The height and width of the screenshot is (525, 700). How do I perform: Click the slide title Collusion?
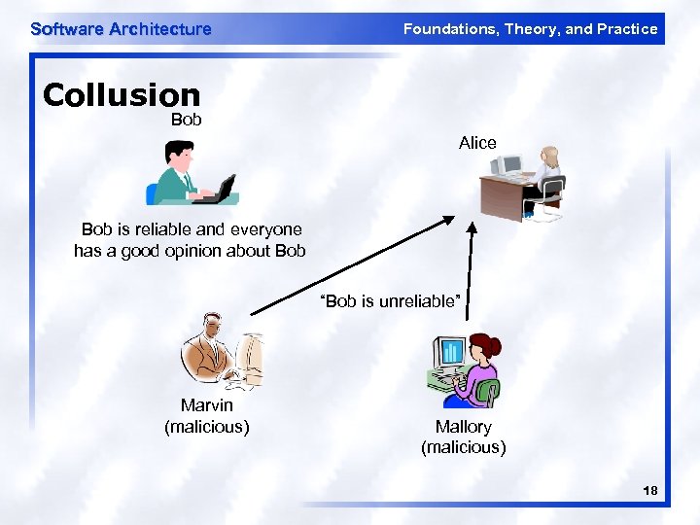click(x=122, y=95)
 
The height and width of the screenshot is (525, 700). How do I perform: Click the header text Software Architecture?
click(x=121, y=29)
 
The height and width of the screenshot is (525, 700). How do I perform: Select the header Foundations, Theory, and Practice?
click(x=530, y=29)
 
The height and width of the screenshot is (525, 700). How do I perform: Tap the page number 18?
click(x=649, y=492)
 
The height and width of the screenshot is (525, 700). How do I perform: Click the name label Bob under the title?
click(x=186, y=120)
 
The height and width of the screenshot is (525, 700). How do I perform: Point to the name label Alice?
click(x=477, y=143)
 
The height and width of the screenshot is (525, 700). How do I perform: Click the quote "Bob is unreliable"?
click(x=388, y=301)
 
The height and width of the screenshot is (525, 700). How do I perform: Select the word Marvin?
click(x=206, y=405)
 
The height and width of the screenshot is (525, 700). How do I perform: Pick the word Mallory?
click(x=463, y=427)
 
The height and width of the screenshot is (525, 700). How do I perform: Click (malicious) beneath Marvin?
click(x=206, y=426)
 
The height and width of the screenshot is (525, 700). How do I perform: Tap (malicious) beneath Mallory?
click(x=463, y=447)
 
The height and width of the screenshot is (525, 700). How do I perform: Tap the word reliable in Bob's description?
click(x=164, y=229)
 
